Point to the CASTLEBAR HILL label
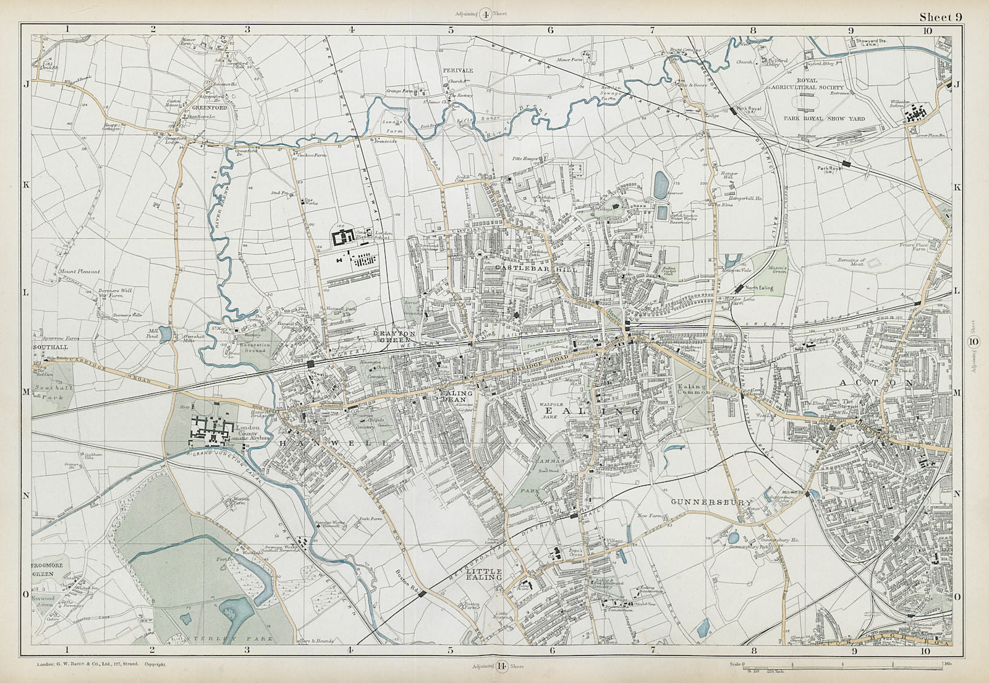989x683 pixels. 537,270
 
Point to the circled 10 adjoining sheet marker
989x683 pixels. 974,341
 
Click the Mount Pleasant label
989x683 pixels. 79,271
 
